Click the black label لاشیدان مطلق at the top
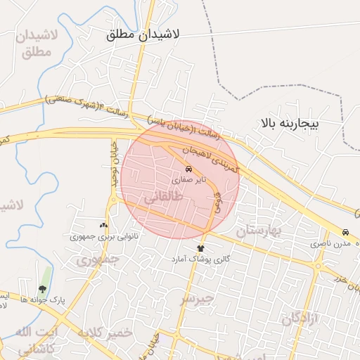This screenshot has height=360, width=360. click(144, 34)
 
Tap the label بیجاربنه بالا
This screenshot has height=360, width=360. click(290, 124)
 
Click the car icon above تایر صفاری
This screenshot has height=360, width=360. click(188, 169)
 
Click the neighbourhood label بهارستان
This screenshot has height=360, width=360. click(258, 230)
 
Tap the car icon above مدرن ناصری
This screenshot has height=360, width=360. click(345, 233)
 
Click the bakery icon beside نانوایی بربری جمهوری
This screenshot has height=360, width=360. click(105, 226)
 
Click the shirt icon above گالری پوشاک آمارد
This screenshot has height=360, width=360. click(201, 248)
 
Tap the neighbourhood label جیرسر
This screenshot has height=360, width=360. click(196, 299)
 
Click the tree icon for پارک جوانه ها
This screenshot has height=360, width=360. click(43, 288)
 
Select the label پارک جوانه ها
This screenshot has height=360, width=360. click(43, 300)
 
